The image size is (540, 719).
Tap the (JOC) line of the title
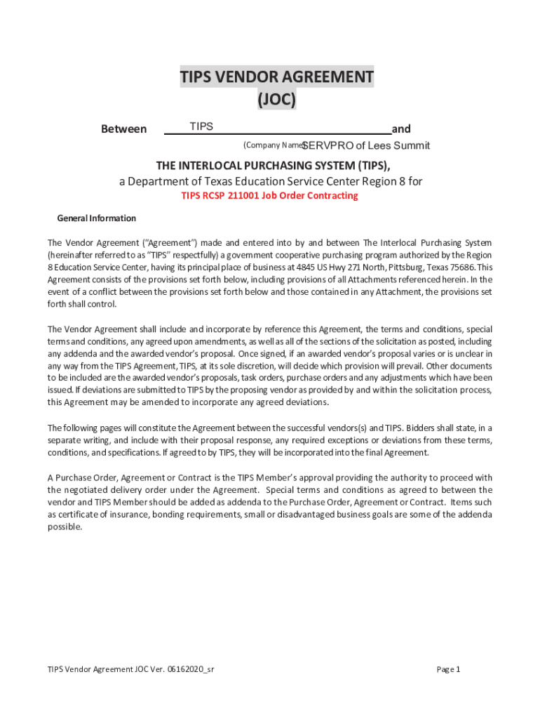tap(276, 100)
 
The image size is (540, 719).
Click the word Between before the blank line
tap(124, 129)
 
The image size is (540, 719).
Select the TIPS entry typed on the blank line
tap(201, 127)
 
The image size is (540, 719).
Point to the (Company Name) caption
tap(273, 145)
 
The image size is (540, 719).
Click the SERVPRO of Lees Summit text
tap(365, 146)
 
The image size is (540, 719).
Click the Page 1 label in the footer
tap(448, 669)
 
